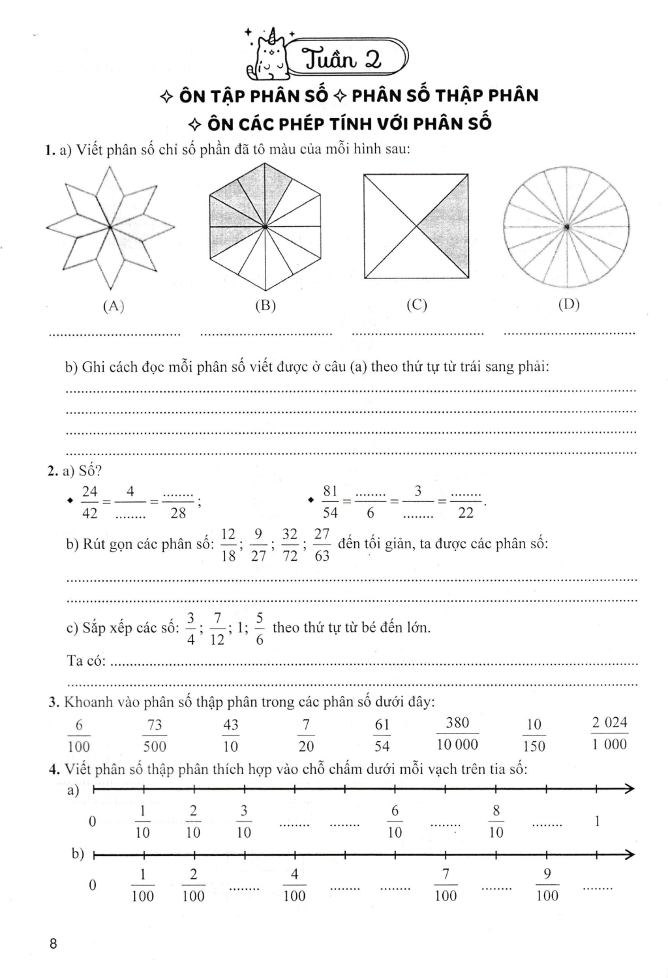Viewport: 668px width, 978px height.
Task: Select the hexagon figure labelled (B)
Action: point(265,226)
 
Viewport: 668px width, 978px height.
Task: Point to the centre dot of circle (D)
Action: point(568,226)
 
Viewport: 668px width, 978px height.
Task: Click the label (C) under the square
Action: point(416,305)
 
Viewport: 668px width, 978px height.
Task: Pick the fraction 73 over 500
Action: point(155,735)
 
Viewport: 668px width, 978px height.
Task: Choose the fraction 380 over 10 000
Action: point(457,733)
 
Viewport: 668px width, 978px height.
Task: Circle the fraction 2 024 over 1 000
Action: point(609,733)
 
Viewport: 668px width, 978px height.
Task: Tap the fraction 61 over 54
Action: point(382,735)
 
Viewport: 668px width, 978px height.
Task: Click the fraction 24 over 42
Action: point(90,502)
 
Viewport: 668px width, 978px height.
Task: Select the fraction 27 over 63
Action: point(322,544)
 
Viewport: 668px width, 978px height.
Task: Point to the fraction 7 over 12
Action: point(217,629)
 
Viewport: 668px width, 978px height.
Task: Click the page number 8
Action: point(53,943)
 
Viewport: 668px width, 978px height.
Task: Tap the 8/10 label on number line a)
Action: point(496,822)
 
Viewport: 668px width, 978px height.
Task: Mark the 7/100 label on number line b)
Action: point(446,885)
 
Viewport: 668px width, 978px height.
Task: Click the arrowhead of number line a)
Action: point(629,790)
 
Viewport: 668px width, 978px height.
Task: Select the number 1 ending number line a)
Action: point(597,822)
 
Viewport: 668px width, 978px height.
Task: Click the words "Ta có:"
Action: point(87,660)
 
